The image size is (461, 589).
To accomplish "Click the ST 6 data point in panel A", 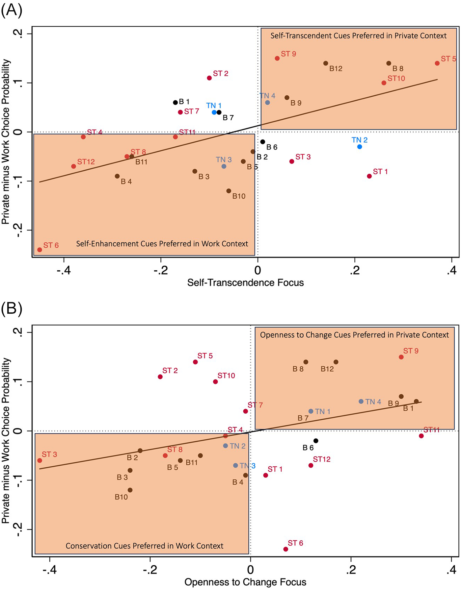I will (x=40, y=250).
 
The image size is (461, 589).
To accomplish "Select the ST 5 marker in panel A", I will (x=437, y=63).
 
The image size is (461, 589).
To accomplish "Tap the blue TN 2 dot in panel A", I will (x=360, y=147).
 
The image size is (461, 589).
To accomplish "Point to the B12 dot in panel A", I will (x=326, y=63).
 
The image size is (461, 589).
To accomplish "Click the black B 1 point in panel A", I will (x=176, y=103).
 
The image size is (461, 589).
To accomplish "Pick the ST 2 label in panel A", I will (x=220, y=73).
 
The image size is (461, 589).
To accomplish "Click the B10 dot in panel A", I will (x=229, y=191).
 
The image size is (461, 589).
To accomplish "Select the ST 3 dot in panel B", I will (x=40, y=460).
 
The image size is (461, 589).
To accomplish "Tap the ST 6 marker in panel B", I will (x=286, y=549).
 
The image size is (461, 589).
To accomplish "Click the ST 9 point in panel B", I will (x=401, y=357).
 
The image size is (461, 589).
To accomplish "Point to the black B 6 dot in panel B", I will (x=316, y=441).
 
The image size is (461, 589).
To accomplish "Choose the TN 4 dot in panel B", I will (x=361, y=401).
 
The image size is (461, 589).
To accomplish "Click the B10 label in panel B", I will (x=121, y=497).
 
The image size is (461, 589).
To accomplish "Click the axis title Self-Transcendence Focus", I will (x=245, y=282).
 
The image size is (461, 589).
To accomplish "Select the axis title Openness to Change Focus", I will (x=245, y=582).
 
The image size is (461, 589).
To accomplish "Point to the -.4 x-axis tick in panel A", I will (x=64, y=270).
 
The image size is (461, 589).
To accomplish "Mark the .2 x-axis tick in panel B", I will (x=351, y=570).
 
